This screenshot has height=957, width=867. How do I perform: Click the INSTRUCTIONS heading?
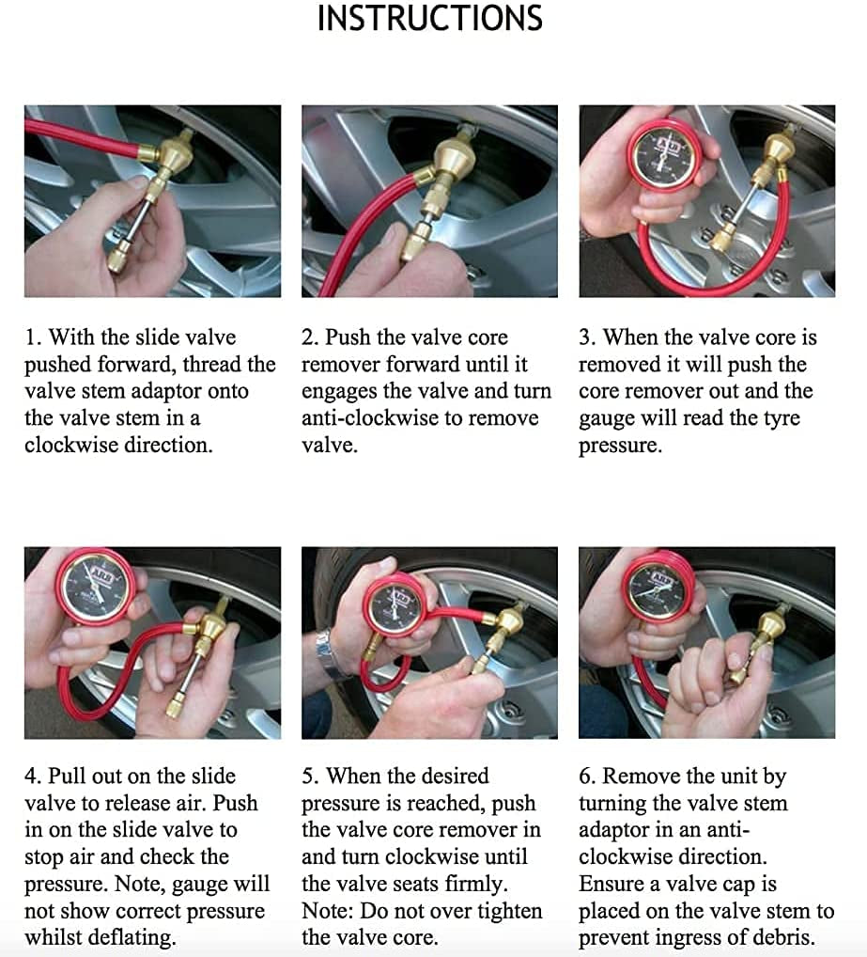click(x=429, y=19)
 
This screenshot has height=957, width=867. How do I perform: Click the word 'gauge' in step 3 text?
click(x=608, y=418)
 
